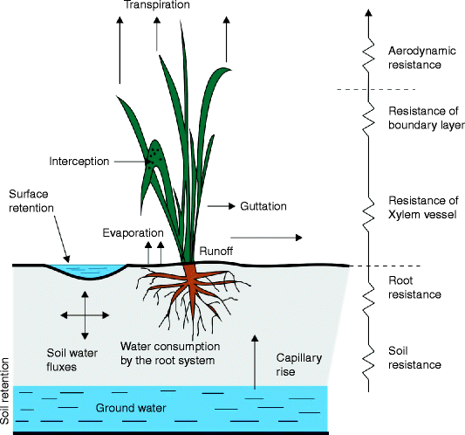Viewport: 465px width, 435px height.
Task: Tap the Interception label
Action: pyautogui.click(x=79, y=162)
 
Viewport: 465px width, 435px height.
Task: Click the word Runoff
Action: pyautogui.click(x=215, y=250)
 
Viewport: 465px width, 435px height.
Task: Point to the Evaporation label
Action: pyautogui.click(x=133, y=233)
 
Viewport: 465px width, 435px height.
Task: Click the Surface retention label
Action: pyautogui.click(x=31, y=201)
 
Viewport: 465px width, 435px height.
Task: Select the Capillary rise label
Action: pyautogui.click(x=299, y=364)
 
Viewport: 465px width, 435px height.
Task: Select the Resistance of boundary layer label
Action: pyautogui.click(x=426, y=118)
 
